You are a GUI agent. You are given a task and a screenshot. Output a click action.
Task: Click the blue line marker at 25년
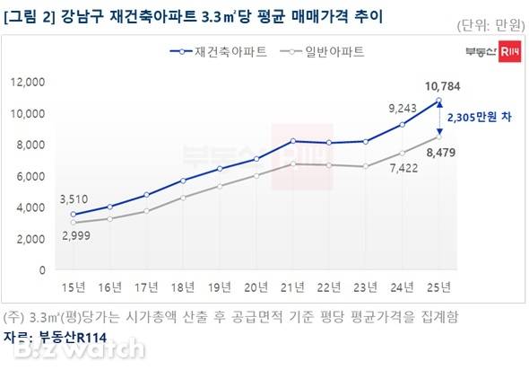[438, 101]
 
